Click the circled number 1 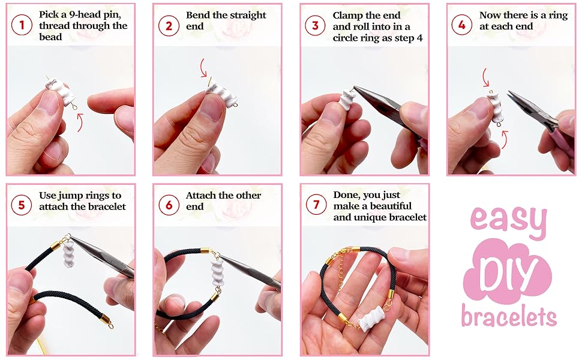22,25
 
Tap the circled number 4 462,25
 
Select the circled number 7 316,205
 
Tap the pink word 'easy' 509,220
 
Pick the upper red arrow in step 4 486,77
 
